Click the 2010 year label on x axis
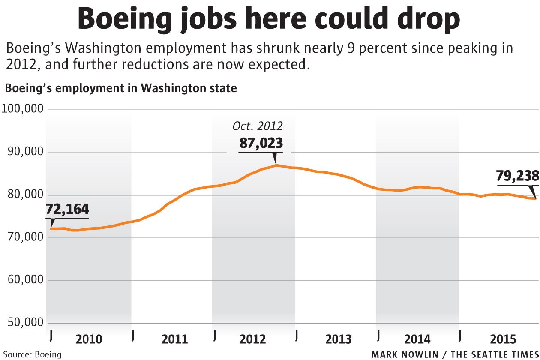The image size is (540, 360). click(x=89, y=339)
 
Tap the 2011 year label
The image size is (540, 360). click(x=174, y=339)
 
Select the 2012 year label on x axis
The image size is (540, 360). click(x=253, y=339)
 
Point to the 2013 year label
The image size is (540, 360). click(x=339, y=339)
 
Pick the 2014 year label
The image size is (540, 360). click(x=417, y=339)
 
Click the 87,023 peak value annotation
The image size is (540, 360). click(x=261, y=143)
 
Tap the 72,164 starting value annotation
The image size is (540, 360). click(x=67, y=210)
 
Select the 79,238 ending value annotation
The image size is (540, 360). click(x=517, y=176)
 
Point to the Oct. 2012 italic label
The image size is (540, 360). click(x=258, y=126)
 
